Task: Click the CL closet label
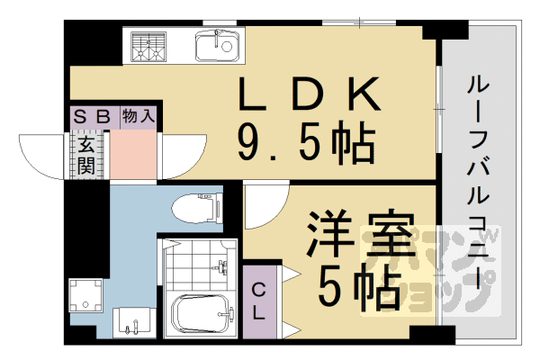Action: [257, 301]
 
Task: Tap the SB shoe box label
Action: [92, 116]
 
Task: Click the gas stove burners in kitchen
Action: [148, 47]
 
